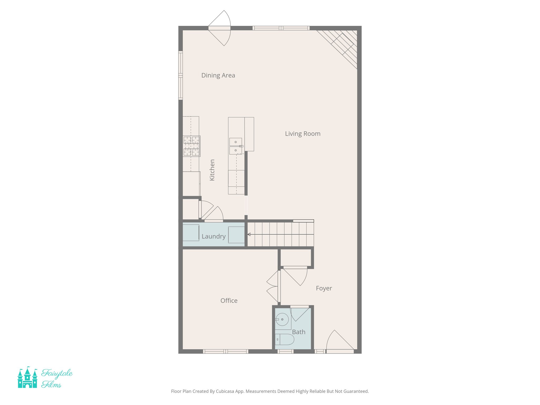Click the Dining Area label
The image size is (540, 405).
(x=218, y=75)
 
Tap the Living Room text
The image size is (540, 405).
(x=302, y=134)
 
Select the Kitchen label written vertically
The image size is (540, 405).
(x=212, y=170)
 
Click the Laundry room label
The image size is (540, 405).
(x=214, y=236)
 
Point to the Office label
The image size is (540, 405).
(x=229, y=301)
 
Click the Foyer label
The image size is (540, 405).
(x=324, y=288)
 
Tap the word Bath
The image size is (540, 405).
(x=298, y=332)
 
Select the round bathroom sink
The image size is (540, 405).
(x=282, y=319)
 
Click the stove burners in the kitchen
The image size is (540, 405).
(x=191, y=146)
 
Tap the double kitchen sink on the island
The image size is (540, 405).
(x=235, y=146)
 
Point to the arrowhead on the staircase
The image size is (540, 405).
(x=249, y=234)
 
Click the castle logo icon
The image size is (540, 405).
(x=27, y=378)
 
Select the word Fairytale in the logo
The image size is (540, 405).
(x=57, y=373)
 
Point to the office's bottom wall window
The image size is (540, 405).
(x=225, y=351)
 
